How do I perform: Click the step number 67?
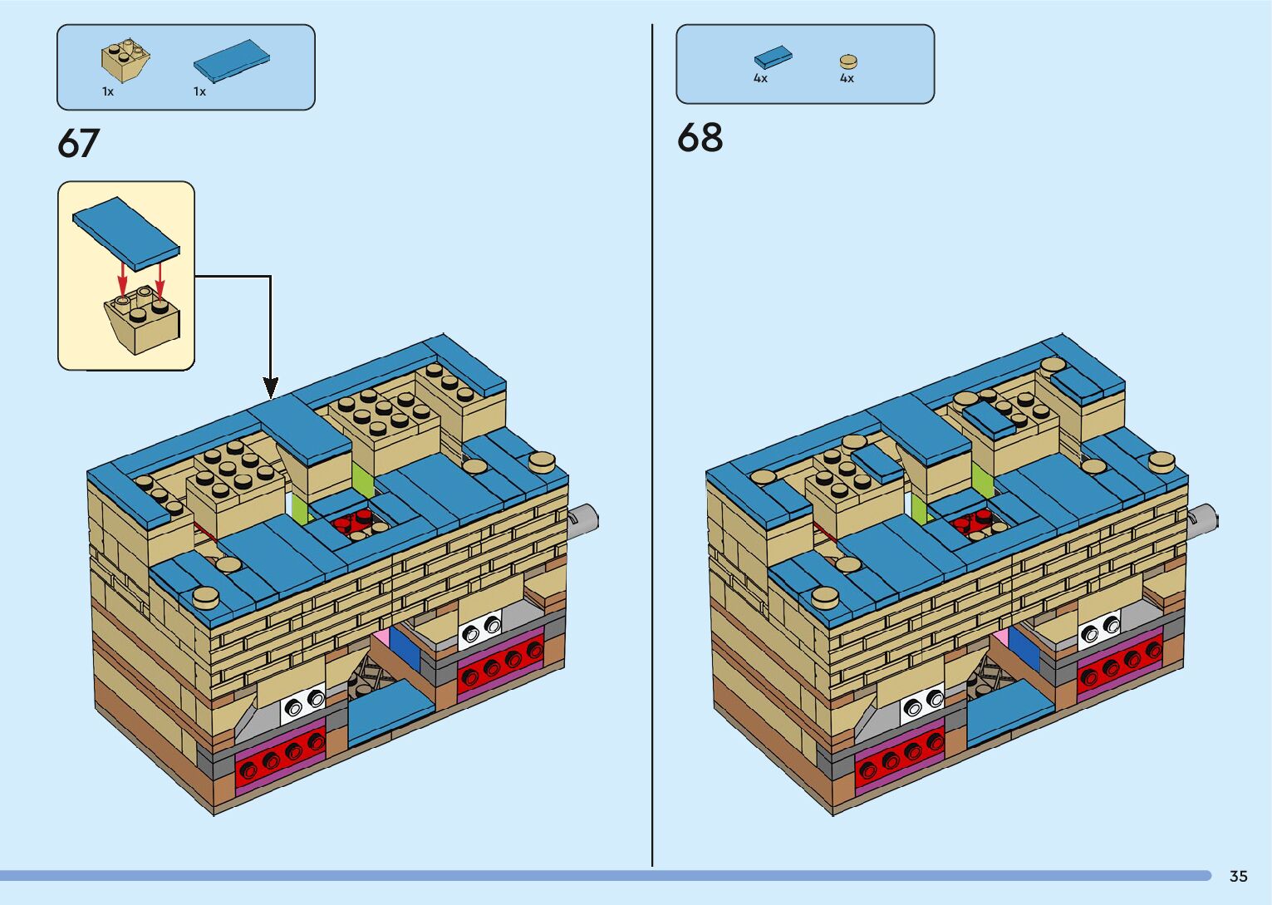79,143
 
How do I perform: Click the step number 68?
700,137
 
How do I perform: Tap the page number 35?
1238,876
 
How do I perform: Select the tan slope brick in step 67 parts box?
125,60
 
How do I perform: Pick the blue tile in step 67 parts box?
232,61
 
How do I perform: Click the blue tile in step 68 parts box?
773,57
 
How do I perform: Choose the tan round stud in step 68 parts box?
847,61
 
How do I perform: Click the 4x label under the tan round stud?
847,79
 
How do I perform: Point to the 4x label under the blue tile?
760,79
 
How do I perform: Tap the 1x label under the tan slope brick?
108,91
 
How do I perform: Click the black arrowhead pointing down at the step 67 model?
271,387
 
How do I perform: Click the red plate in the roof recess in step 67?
356,522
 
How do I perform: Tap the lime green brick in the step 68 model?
983,480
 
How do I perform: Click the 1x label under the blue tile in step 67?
199,91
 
